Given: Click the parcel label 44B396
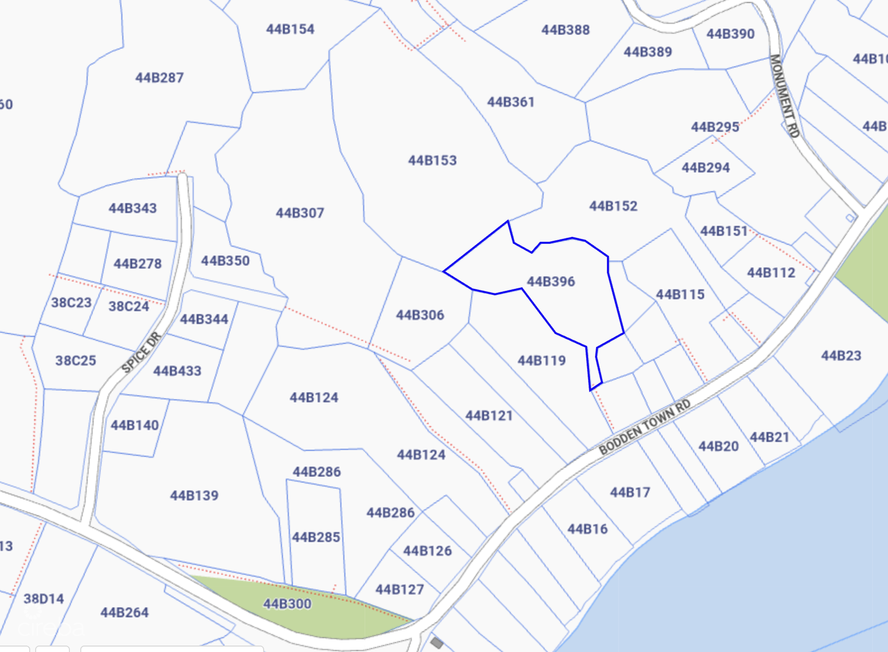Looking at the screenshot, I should pos(551,281).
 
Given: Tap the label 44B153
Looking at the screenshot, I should pos(432,161).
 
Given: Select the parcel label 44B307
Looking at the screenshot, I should pos(300,213).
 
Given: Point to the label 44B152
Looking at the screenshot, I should pos(613,206).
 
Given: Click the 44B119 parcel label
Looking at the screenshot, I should pos(542,360).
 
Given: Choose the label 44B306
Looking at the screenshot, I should pos(420,315).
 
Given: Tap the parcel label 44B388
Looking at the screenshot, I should pos(565,30).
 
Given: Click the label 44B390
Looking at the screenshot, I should pos(730,34).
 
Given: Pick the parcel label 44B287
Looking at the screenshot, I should pos(159,78).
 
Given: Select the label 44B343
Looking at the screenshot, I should pos(132,208).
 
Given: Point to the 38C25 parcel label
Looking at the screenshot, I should pos(75,361).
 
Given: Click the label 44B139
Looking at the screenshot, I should pos(194,495).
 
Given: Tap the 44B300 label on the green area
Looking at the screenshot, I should pos(287,604).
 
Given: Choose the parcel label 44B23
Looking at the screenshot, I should pos(841,356).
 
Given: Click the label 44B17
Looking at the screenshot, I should pos(629,492).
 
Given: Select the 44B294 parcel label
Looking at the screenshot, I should pos(705,168).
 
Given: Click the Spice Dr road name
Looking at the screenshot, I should pos(142,352).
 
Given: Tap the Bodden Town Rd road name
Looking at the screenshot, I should pos(644,427).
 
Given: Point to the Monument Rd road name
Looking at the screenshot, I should pos(784,96).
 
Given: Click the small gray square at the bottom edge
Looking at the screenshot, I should pos(437,643).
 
